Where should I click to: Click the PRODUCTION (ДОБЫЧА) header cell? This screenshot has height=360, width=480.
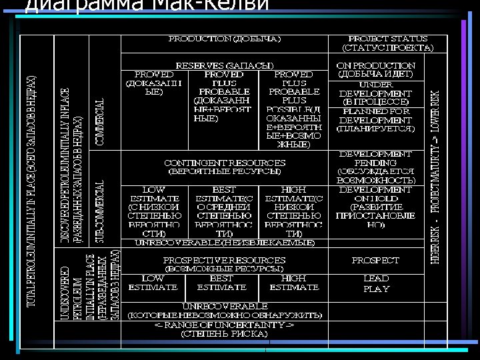coord(225,39)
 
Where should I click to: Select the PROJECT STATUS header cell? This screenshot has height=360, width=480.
coord(387,43)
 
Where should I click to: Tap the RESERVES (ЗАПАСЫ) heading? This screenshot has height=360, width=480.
coord(225,65)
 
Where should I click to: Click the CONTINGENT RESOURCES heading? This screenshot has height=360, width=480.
coord(225,167)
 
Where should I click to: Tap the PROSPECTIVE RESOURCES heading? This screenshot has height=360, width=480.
coord(225,263)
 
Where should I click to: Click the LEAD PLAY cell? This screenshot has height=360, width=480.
coord(376,283)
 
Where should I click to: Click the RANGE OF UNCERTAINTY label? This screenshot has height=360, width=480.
coord(225,329)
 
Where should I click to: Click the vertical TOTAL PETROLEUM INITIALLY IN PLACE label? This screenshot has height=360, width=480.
coord(31,190)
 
